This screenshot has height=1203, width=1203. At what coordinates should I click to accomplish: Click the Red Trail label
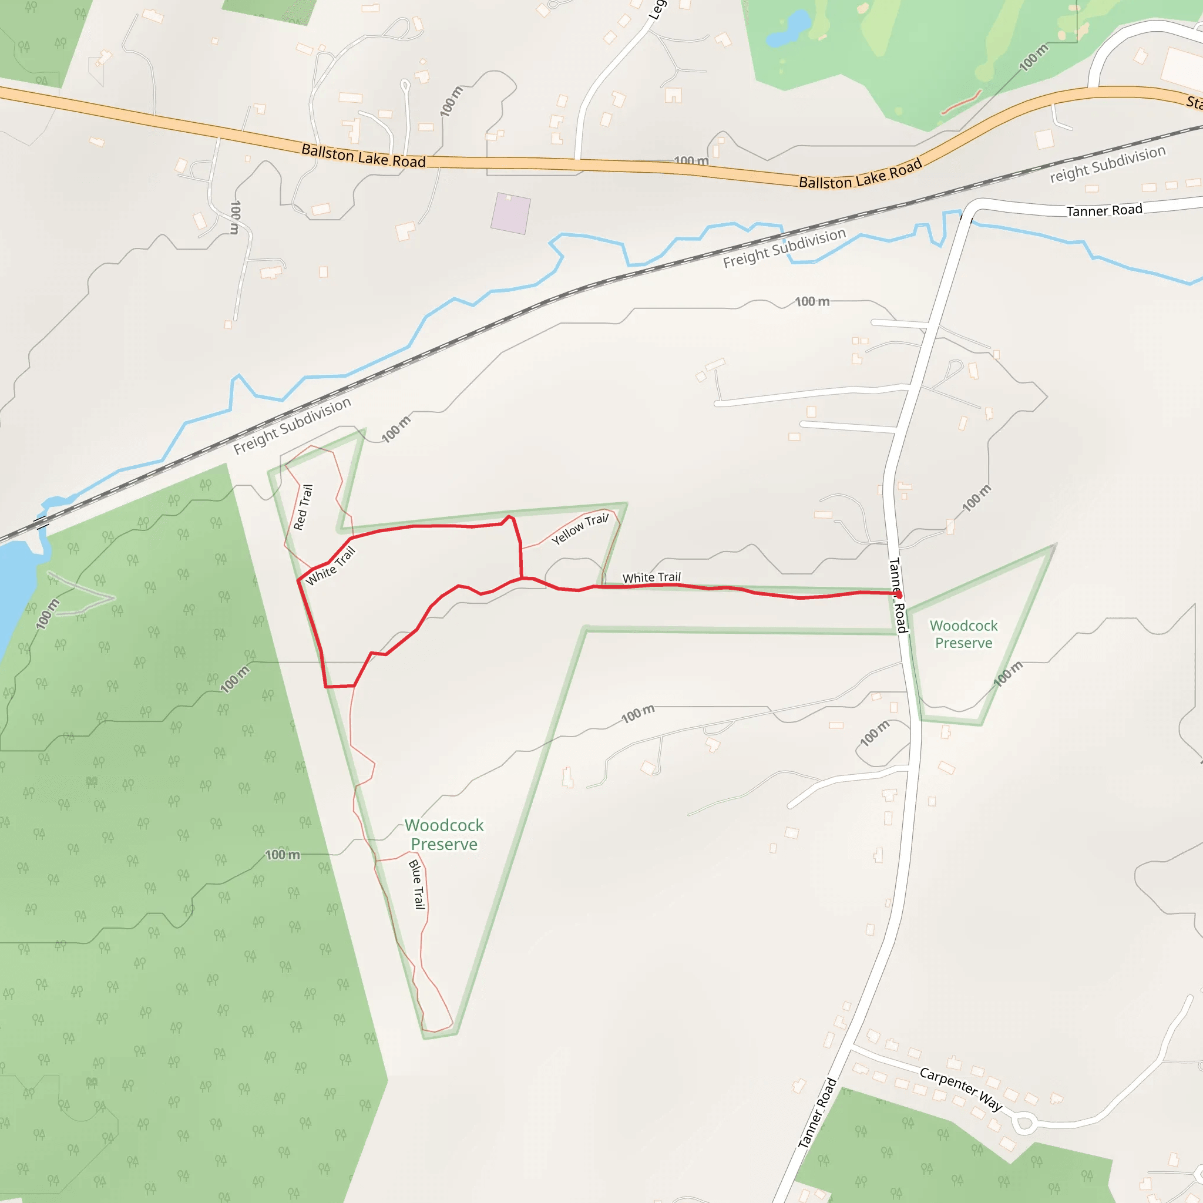[x=303, y=508]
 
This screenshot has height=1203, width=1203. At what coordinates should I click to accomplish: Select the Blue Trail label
[x=417, y=884]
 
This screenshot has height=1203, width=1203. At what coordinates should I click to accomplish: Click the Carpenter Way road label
[x=961, y=1089]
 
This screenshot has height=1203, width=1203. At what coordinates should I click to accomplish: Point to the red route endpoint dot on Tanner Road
[x=899, y=594]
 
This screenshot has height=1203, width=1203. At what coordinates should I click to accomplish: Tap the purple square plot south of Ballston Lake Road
[x=510, y=214]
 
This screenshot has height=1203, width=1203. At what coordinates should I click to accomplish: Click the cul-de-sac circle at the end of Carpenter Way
[x=1024, y=1124]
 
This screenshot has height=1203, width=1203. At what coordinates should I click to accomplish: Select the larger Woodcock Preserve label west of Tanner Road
[x=444, y=834]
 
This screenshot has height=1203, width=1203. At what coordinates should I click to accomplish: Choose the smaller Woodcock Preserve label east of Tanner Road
[x=963, y=634]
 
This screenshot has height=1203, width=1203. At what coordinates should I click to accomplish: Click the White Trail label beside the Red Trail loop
[x=330, y=566]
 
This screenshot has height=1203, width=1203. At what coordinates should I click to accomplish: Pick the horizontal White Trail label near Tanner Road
[x=651, y=577]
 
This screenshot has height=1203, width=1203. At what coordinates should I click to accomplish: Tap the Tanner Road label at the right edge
[x=1104, y=210]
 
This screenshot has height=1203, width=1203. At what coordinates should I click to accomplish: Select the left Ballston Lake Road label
[x=364, y=155]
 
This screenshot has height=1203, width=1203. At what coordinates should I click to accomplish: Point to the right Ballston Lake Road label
[x=860, y=175]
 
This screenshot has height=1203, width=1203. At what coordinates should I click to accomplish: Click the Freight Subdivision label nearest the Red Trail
[x=292, y=425]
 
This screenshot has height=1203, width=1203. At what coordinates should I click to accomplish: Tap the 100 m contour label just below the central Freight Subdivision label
[x=812, y=301]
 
